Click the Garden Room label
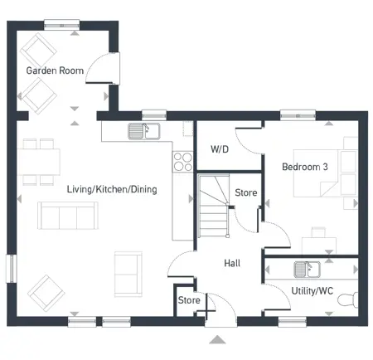[55, 71]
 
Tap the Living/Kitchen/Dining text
[112, 189]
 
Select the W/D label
[220, 150]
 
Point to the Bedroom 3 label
[305, 167]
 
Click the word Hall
[232, 263]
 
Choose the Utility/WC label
[312, 291]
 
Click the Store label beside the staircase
[246, 193]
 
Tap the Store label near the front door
[189, 300]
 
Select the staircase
[214, 207]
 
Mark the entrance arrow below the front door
[217, 338]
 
